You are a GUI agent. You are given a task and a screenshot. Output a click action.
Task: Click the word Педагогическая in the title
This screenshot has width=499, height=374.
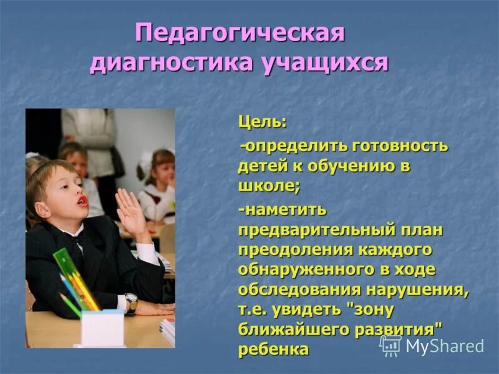pos(240,34)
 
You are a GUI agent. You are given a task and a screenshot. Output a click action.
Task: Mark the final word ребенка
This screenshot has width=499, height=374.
pos(273,349)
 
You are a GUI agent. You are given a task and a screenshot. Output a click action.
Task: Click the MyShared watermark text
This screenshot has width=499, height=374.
pos(445,347)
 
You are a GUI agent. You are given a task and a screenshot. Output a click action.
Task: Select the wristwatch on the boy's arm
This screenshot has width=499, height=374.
pos(131,302)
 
